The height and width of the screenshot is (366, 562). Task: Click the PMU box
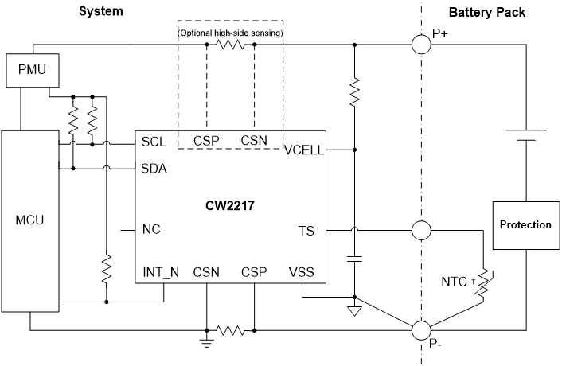[x=28, y=70]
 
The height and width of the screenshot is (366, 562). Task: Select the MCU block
[x=29, y=220]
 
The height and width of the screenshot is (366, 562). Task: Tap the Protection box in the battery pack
[x=525, y=224]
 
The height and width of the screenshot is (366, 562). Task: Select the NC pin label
[x=151, y=230]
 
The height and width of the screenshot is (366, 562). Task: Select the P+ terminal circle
[x=420, y=44]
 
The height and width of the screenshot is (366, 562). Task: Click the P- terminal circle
[x=420, y=329]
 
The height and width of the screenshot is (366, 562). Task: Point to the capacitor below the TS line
[x=355, y=259]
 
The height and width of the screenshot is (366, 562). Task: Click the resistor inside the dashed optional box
[x=231, y=45]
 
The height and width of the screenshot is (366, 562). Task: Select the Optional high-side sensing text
[x=230, y=33]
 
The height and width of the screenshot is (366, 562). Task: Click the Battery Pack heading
[x=486, y=12]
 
